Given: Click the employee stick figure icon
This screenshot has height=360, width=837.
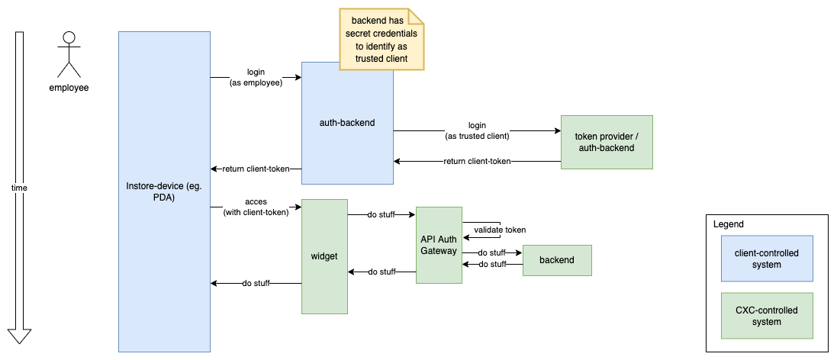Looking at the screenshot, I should [x=69, y=54].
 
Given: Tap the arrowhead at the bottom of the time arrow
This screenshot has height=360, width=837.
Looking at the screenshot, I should [x=19, y=336].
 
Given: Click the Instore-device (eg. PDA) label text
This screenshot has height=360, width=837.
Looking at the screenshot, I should [x=164, y=191].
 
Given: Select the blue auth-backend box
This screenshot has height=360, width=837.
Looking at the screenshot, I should [x=347, y=123].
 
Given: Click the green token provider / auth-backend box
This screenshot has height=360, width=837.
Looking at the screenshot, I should [x=606, y=142].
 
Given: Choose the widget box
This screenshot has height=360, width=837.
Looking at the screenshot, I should [x=324, y=256].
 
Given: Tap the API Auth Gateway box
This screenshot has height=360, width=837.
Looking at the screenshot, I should [x=439, y=245].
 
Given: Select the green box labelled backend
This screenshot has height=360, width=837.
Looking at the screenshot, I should [x=556, y=260].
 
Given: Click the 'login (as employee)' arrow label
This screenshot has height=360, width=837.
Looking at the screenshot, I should [x=256, y=77].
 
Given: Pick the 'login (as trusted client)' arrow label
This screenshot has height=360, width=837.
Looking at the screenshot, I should [x=477, y=130].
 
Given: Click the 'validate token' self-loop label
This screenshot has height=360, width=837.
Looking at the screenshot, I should [x=499, y=230].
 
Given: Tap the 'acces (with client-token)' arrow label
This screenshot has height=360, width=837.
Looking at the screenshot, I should [x=256, y=207].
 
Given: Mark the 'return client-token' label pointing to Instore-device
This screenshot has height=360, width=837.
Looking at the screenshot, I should [x=256, y=169].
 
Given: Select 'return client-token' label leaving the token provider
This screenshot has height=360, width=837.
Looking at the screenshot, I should [x=477, y=161].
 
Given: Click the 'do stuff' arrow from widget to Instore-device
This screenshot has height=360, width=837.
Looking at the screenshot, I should [x=256, y=283].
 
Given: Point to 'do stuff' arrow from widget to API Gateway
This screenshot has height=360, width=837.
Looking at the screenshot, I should [x=381, y=215].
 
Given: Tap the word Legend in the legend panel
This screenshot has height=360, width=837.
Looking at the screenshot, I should [x=728, y=224].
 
